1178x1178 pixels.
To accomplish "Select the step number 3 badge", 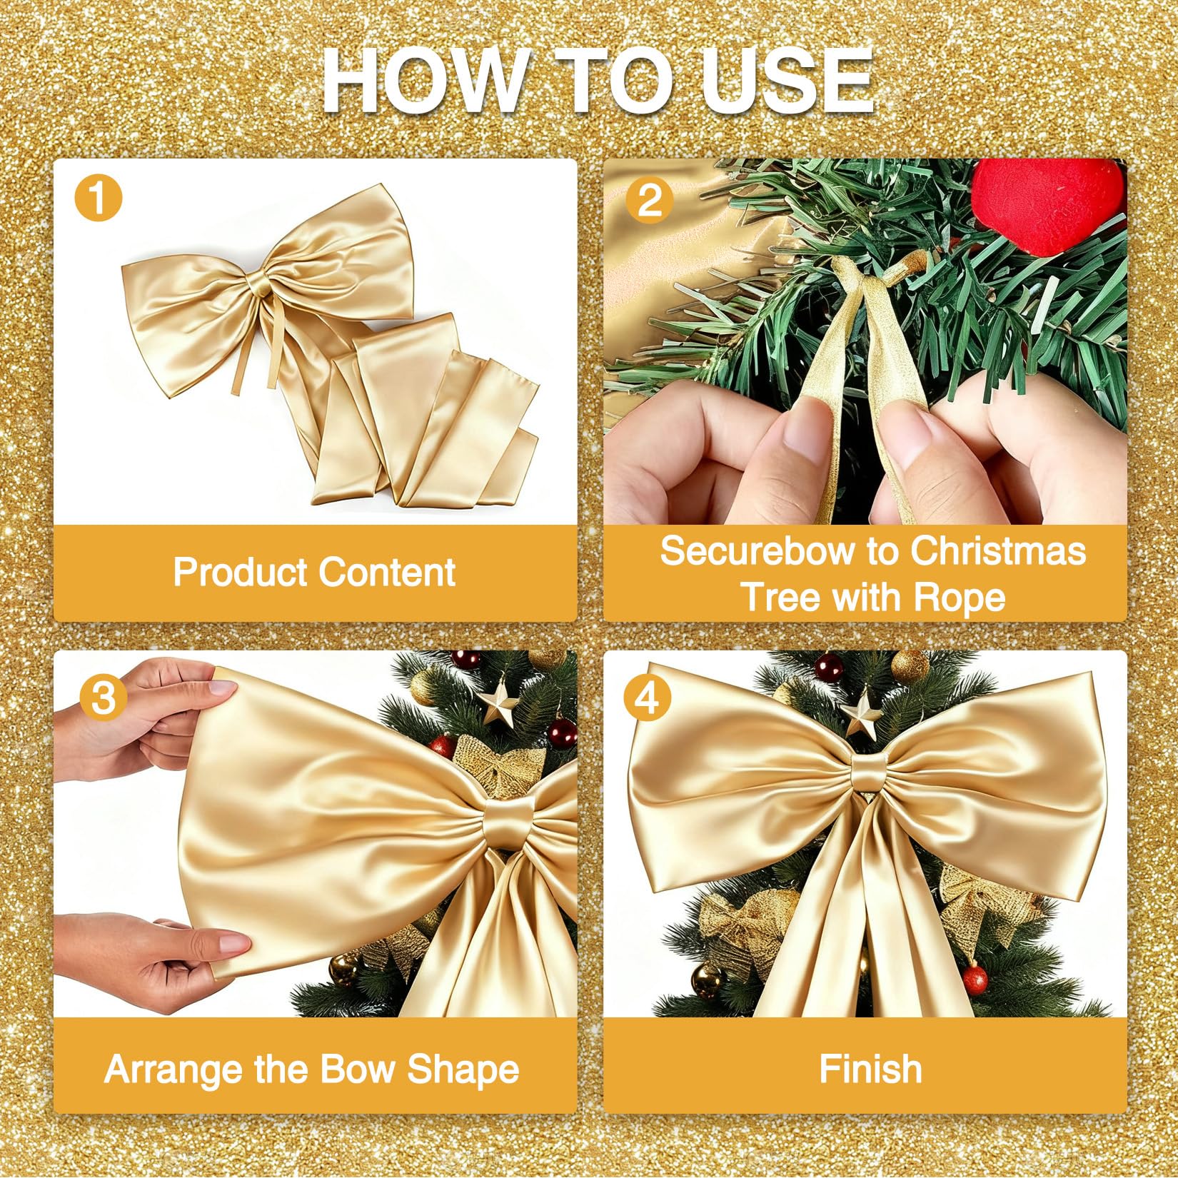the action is [x=104, y=697].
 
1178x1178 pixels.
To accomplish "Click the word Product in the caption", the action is [x=238, y=573].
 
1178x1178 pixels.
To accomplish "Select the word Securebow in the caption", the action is [x=747, y=551].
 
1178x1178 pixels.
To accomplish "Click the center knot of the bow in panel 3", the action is [x=511, y=822].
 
